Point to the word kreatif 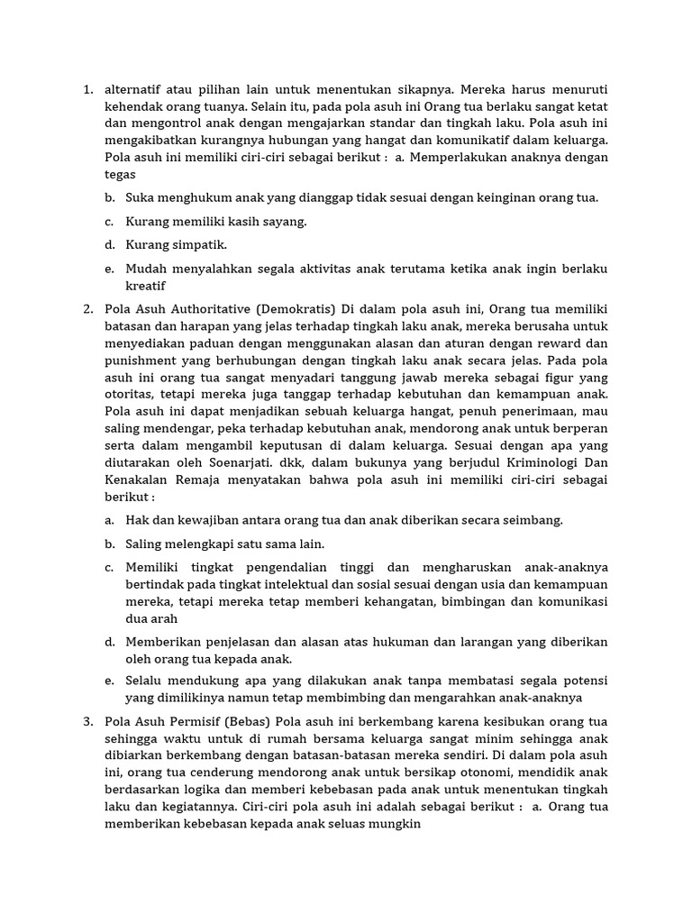tap(146, 286)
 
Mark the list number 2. tap(87, 309)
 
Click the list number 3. tap(87, 721)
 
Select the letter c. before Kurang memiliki tap(109, 221)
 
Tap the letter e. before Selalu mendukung tap(109, 681)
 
